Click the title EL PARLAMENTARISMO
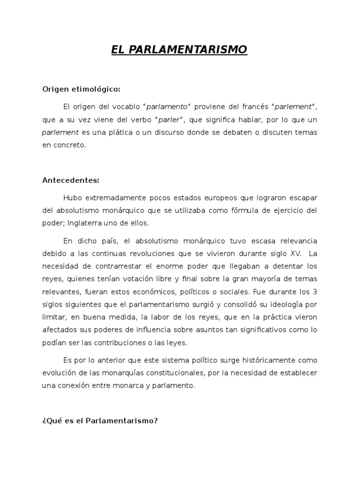point(179,50)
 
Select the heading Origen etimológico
point(81,89)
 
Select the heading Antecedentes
point(71,180)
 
